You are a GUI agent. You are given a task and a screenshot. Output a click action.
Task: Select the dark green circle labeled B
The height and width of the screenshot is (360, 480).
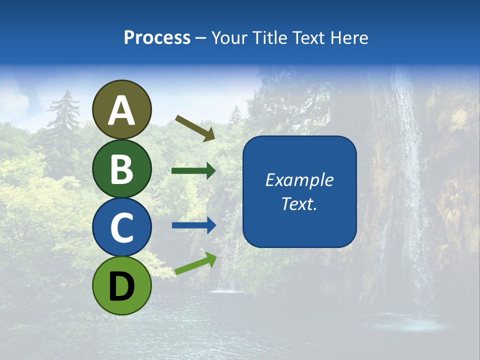(121, 169)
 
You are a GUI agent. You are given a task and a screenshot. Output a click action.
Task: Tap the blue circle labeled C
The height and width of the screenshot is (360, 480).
(121, 227)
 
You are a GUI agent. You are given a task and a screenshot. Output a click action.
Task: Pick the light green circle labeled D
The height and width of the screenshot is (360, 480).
(121, 285)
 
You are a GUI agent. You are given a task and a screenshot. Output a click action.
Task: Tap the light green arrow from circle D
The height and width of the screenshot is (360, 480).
(195, 263)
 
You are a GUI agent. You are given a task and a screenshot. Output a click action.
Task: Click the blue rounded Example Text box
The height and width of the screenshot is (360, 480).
(299, 220)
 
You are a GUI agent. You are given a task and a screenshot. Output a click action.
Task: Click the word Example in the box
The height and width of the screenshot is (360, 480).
(299, 180)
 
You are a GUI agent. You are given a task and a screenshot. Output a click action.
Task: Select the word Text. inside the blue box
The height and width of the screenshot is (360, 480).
(299, 204)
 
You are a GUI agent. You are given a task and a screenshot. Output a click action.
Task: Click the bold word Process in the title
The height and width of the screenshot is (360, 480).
(157, 37)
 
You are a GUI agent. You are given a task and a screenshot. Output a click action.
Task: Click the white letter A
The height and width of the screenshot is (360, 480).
(121, 111)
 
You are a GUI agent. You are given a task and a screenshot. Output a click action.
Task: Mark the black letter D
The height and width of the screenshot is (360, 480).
(121, 287)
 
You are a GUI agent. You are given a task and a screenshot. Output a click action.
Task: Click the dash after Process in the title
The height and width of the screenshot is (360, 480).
(201, 38)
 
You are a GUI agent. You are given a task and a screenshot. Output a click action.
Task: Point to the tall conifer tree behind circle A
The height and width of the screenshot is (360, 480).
(65, 120)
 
